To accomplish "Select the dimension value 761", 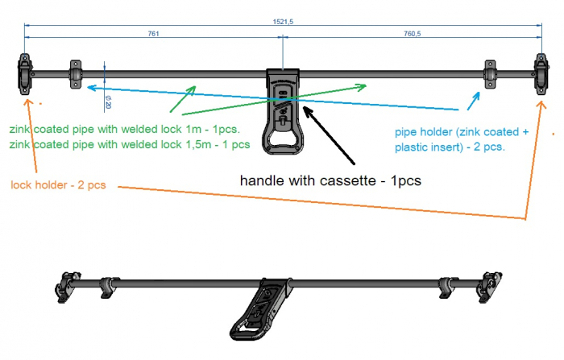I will click(x=153, y=34).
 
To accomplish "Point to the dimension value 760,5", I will click(x=412, y=34).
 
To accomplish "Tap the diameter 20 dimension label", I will click(x=108, y=99).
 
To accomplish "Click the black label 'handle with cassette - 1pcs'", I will click(x=330, y=181).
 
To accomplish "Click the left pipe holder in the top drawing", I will click(x=76, y=74).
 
